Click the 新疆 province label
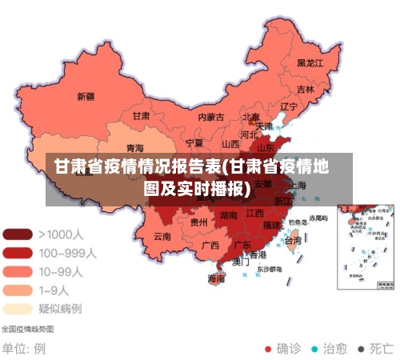tap(86, 97)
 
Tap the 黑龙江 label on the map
tap(310, 62)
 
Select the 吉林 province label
tap(306, 89)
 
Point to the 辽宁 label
tap(289, 106)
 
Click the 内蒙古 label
tap(211, 117)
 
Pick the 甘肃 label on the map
tap(141, 115)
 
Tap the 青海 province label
tap(135, 148)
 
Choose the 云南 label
tap(162, 236)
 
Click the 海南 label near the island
tap(216, 278)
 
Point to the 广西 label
tap(210, 245)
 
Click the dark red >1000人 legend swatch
tap(18, 234)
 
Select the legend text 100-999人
tap(68, 253)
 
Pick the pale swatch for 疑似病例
tap(18, 307)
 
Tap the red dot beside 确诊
tap(269, 349)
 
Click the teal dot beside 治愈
tap(315, 349)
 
